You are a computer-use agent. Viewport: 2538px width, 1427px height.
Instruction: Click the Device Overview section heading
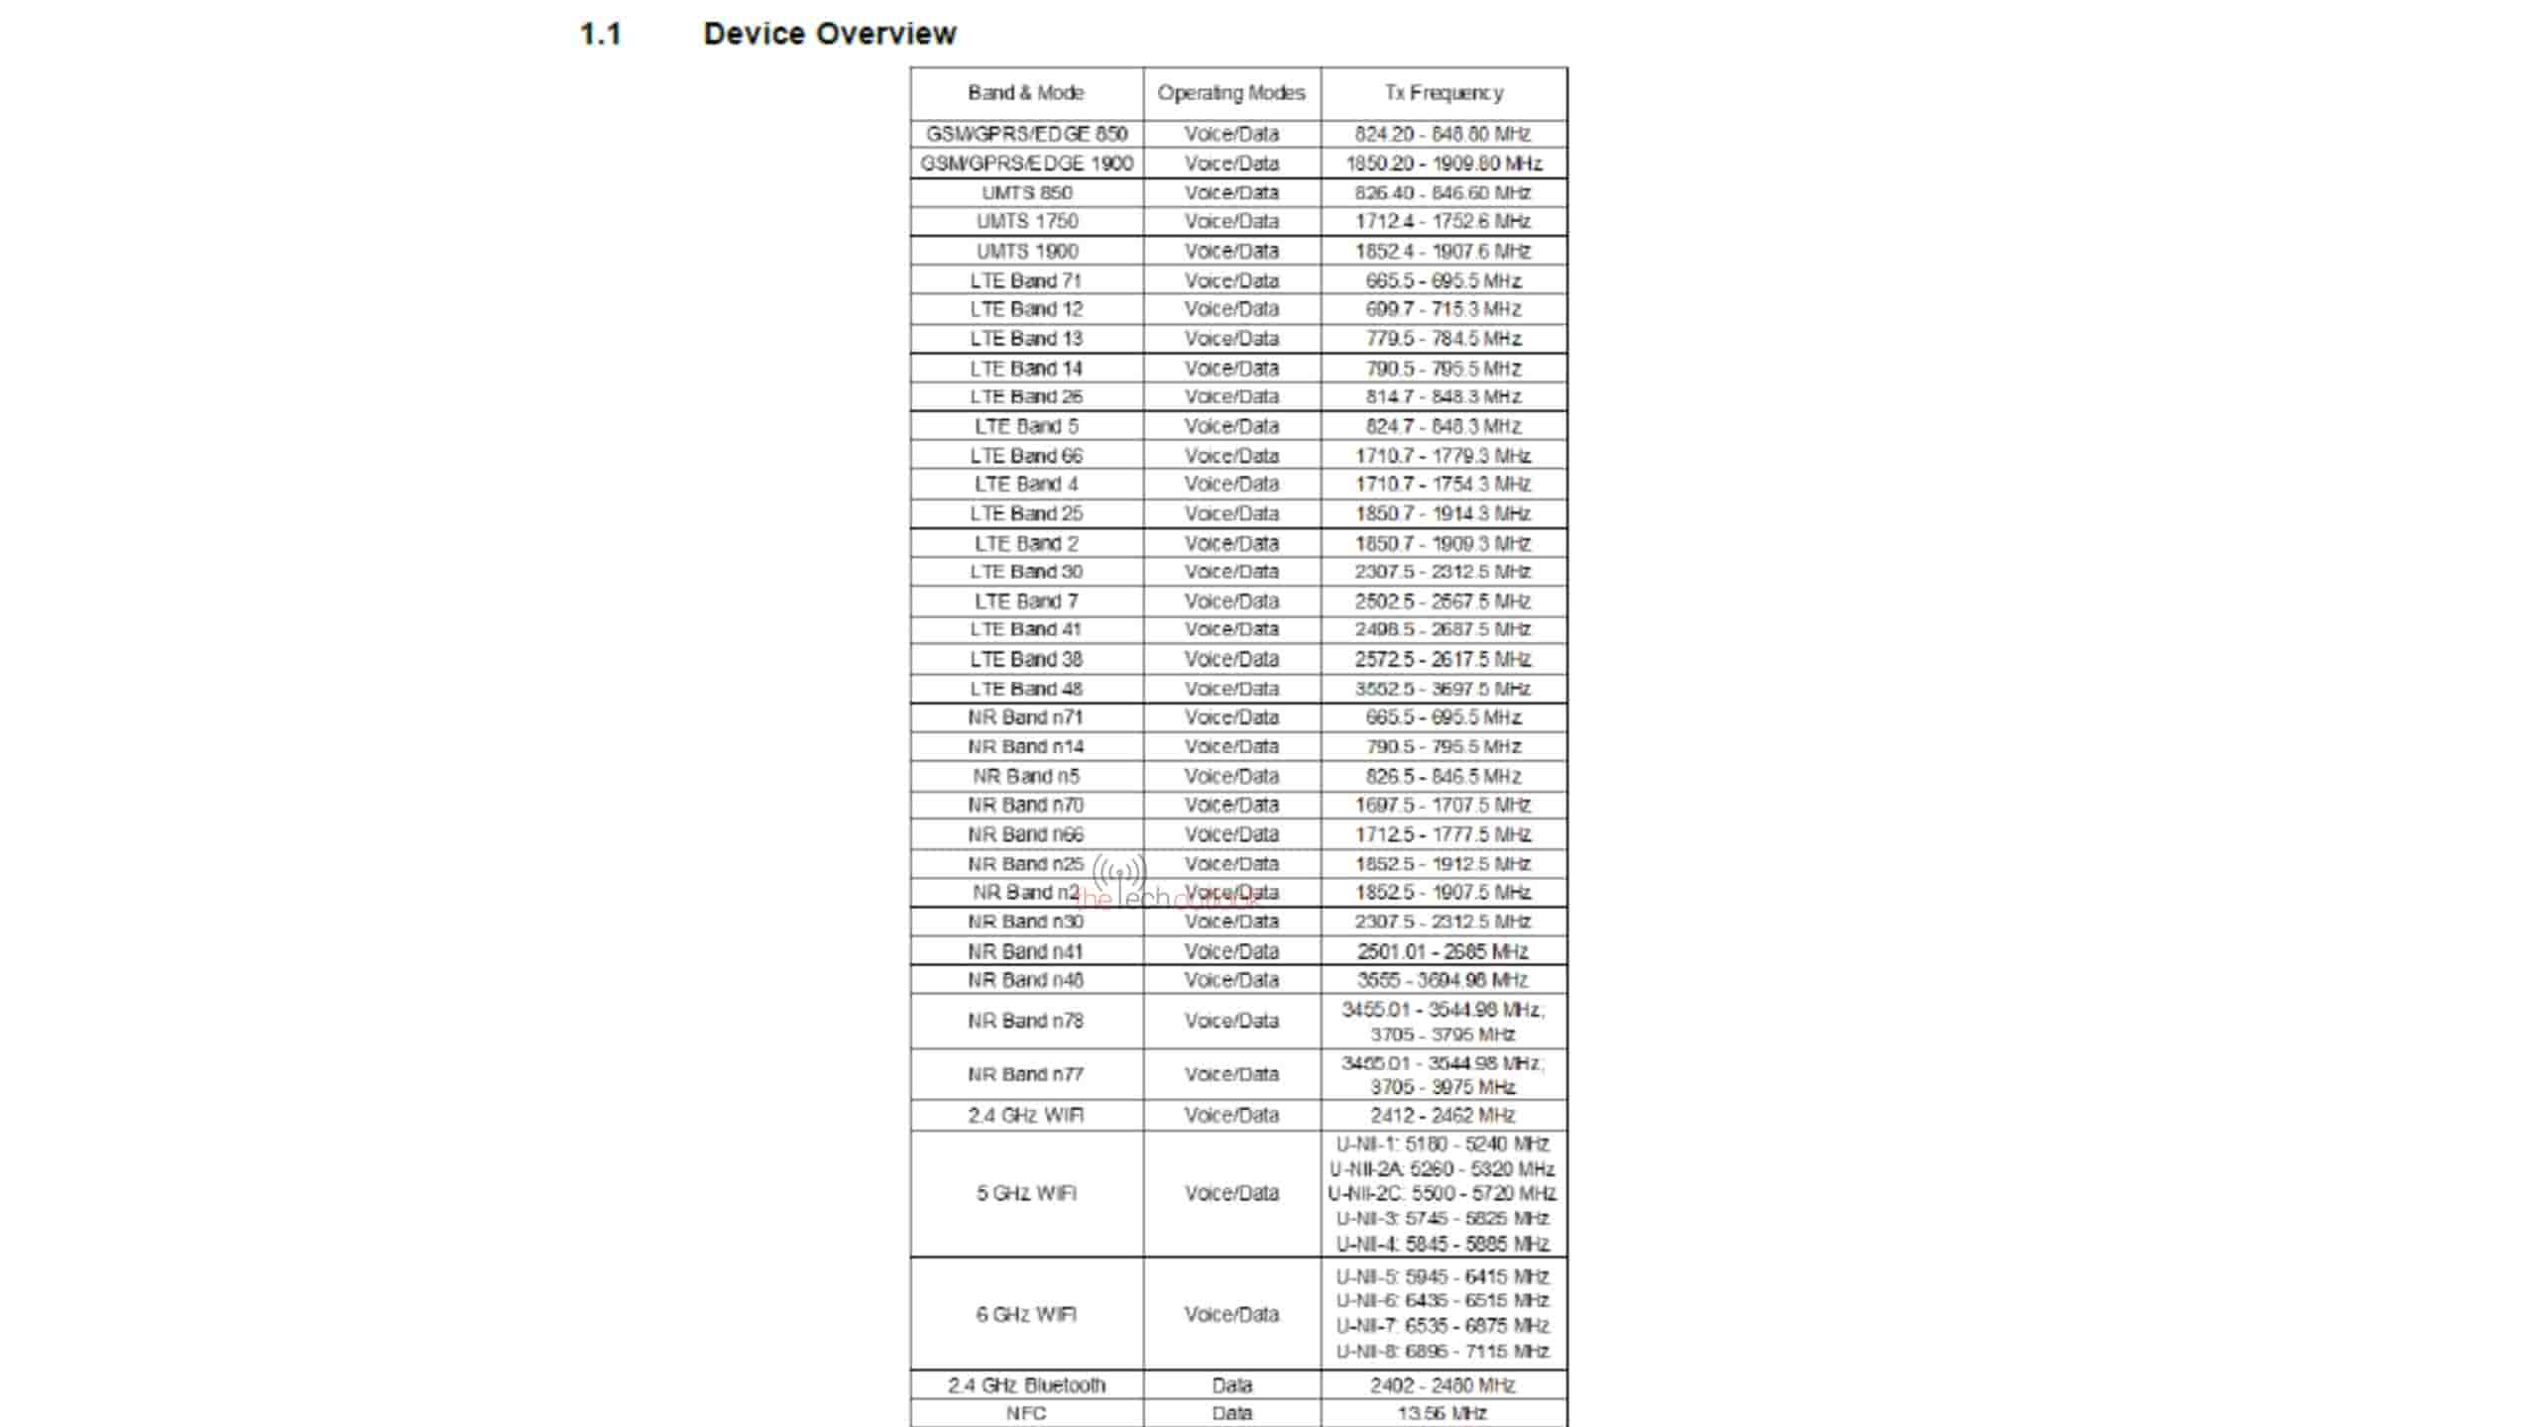(829, 34)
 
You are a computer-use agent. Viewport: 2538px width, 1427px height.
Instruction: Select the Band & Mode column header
(1026, 93)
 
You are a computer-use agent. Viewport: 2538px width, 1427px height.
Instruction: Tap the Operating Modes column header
(1231, 93)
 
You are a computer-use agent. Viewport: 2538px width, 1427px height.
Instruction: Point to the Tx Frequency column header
(1443, 93)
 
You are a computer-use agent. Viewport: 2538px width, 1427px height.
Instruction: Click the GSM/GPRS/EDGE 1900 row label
(1026, 164)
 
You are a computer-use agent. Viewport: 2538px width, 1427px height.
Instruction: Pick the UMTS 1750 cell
(1026, 221)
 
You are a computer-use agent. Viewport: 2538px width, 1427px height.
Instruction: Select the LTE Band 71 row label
(1026, 280)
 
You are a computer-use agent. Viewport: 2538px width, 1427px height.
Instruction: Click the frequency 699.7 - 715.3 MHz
(1443, 309)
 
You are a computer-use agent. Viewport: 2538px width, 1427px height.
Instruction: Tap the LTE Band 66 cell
(1026, 456)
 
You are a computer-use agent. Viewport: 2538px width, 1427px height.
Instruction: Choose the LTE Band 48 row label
(1026, 689)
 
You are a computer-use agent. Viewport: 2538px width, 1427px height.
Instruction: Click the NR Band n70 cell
(1026, 805)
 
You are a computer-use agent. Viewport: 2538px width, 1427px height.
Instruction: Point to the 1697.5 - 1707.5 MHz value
(1443, 805)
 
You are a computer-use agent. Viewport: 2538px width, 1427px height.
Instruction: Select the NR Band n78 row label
(1026, 1021)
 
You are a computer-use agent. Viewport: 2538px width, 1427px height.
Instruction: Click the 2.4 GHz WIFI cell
(1026, 1116)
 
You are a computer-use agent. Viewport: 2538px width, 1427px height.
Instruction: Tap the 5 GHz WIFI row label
(1026, 1193)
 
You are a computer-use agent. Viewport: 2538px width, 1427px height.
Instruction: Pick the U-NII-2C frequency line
(1442, 1194)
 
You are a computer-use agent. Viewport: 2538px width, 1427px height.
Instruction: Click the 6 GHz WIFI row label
(1026, 1315)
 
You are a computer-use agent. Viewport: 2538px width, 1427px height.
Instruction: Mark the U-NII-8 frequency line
(1442, 1352)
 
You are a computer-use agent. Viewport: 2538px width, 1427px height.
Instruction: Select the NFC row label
(1026, 1414)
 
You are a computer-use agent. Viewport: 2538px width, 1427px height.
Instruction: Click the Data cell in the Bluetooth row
(1231, 1385)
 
